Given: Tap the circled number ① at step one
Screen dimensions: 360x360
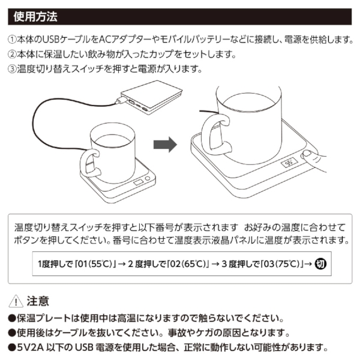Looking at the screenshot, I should pos(13,40).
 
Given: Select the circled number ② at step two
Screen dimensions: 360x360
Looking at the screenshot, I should pos(13,54).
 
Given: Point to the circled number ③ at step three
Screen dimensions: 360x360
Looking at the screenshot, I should pos(13,68).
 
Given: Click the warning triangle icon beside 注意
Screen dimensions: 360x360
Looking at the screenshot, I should pos(15,301).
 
